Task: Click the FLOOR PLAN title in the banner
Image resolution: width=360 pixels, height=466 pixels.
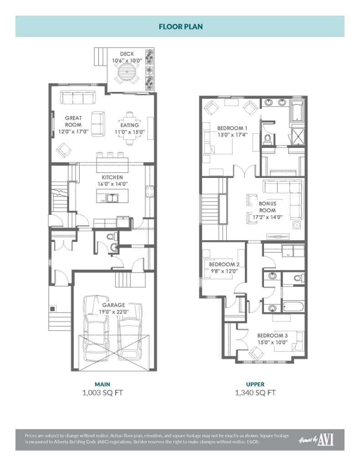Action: [x=180, y=26]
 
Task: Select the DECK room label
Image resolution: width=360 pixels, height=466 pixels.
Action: [x=127, y=54]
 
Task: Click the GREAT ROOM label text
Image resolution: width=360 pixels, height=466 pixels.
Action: [x=73, y=121]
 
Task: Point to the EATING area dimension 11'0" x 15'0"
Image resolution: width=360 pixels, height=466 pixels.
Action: [x=130, y=132]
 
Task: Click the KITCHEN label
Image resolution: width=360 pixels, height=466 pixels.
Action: [x=112, y=177]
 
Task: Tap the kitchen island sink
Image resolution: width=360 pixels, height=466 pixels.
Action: [x=112, y=198]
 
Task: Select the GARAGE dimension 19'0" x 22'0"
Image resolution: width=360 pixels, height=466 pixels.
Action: [x=113, y=312]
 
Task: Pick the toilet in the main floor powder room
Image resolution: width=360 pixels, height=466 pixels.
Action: [x=114, y=247]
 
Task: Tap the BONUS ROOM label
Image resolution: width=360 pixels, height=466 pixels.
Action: [x=268, y=207]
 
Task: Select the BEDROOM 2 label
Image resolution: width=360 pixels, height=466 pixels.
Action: [x=224, y=264]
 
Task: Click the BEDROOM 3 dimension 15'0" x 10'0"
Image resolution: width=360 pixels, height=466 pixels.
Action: [x=271, y=342]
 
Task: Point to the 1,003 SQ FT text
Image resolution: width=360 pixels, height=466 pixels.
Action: [x=102, y=392]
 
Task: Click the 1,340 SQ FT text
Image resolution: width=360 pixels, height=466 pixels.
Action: [x=256, y=392]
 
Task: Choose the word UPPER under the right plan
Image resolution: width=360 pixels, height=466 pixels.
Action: [x=256, y=384]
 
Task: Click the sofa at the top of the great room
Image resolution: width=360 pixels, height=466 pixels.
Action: [x=77, y=97]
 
